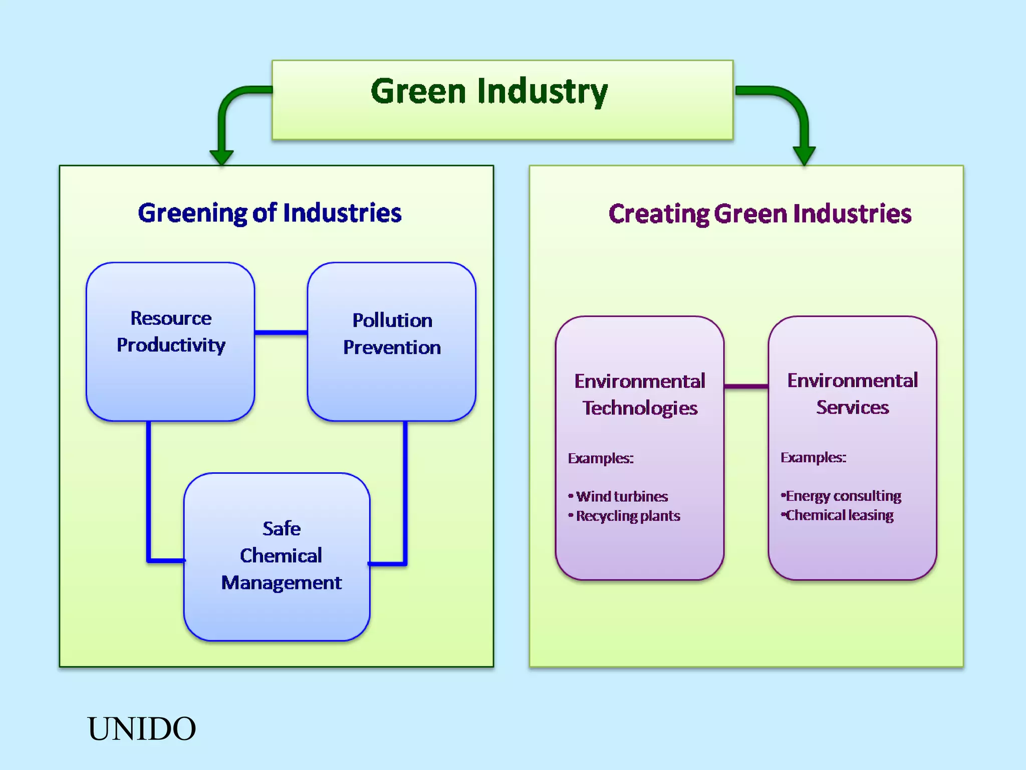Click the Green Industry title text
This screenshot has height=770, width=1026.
coord(489,92)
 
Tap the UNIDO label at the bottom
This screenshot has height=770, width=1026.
coord(142,728)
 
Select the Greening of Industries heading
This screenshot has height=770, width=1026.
coord(270,213)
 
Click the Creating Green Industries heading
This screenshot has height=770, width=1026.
coord(759,214)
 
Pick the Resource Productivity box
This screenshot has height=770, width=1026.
coord(170,341)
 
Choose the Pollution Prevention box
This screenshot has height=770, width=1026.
coord(392,341)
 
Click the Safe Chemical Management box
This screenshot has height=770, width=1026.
coord(277,556)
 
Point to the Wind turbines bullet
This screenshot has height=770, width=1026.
coord(621,497)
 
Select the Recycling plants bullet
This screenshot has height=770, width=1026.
coord(627,516)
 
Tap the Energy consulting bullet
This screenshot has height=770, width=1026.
coord(843,496)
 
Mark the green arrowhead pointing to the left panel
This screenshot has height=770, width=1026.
coord(221,156)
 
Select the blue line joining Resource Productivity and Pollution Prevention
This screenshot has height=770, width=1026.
coord(281,332)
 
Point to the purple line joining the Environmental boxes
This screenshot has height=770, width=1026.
coord(746,386)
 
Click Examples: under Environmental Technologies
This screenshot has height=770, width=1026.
coord(600,458)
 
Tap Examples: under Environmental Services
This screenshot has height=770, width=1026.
coord(813,458)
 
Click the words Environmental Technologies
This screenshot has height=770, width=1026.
coord(640,395)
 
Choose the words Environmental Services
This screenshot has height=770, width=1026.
coord(852,394)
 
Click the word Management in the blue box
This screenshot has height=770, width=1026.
coord(281,583)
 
